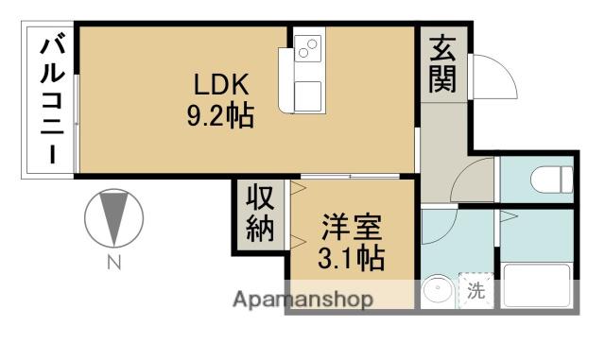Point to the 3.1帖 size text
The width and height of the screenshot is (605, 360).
pos(351,257)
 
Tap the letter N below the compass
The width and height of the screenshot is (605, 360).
pos(113,264)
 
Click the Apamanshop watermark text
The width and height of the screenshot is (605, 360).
pos(302,300)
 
